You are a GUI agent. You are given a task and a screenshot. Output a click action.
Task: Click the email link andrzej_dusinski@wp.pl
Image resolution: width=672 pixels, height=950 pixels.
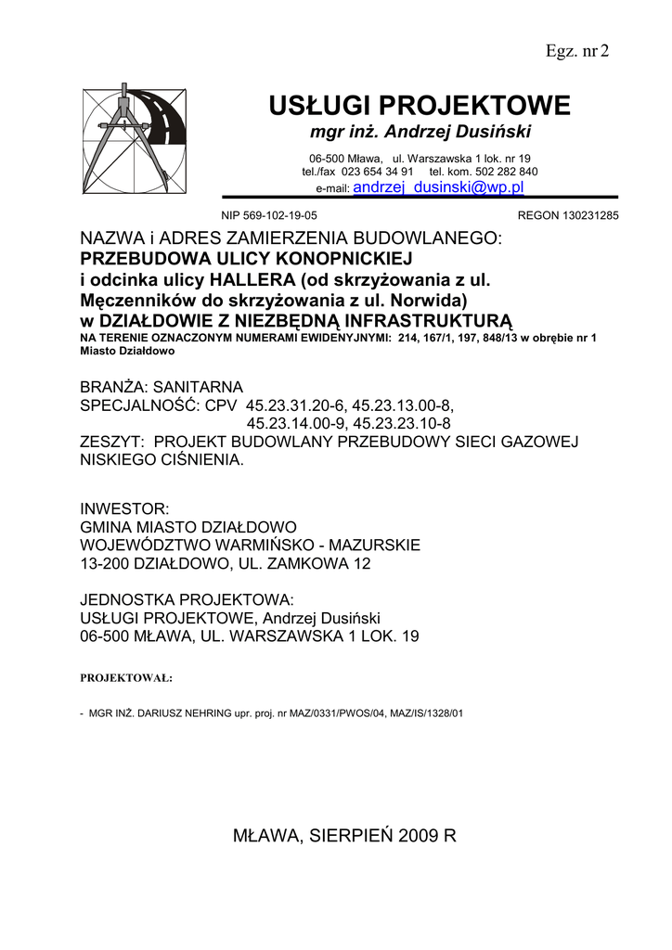coord(439,187)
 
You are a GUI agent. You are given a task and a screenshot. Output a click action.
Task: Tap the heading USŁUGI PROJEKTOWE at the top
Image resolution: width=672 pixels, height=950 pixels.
coord(420,106)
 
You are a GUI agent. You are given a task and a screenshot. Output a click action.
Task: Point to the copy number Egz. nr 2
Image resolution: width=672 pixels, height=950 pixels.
coord(576,50)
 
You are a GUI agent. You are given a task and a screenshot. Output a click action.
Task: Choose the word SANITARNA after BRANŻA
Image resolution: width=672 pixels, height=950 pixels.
coord(198,387)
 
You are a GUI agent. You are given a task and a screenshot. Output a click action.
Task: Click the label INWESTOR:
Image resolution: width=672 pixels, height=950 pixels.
coord(124,508)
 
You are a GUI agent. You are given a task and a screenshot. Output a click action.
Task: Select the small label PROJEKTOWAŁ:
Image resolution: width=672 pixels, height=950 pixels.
coord(127,678)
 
